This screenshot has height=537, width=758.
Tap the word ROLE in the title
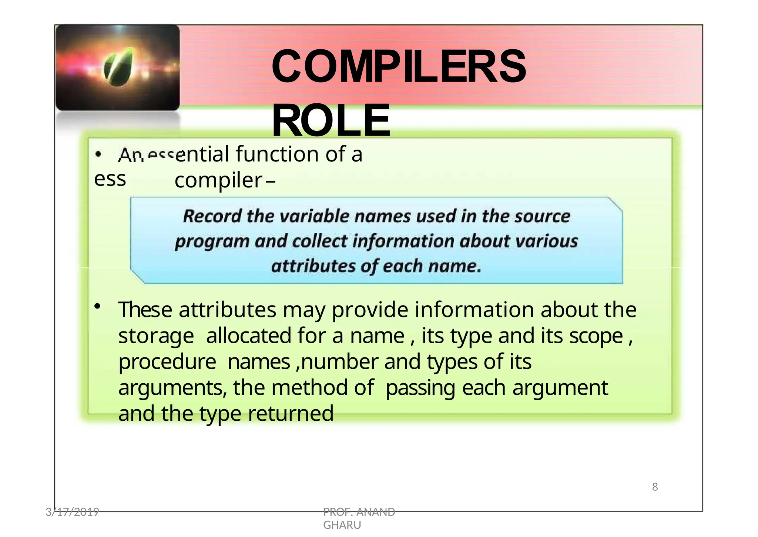pos(331,120)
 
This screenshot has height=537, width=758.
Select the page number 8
pos(655,487)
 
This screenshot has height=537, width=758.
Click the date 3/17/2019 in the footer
pos(72,512)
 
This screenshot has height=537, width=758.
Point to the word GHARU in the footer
pos(342,525)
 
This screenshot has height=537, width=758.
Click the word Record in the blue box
pos(212,216)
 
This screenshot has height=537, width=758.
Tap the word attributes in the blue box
pos(313,266)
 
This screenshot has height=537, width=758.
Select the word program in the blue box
pos(212,241)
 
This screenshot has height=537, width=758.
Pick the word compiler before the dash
pos(218,180)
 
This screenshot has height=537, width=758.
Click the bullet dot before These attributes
pos(97,306)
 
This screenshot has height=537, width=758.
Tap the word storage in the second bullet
pos(156,336)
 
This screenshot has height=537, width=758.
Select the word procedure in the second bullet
pos(167,362)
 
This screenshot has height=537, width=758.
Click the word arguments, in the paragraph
pos(172,388)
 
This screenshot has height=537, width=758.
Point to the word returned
pos(291,414)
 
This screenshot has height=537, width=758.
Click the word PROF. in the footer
pos(338,512)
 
